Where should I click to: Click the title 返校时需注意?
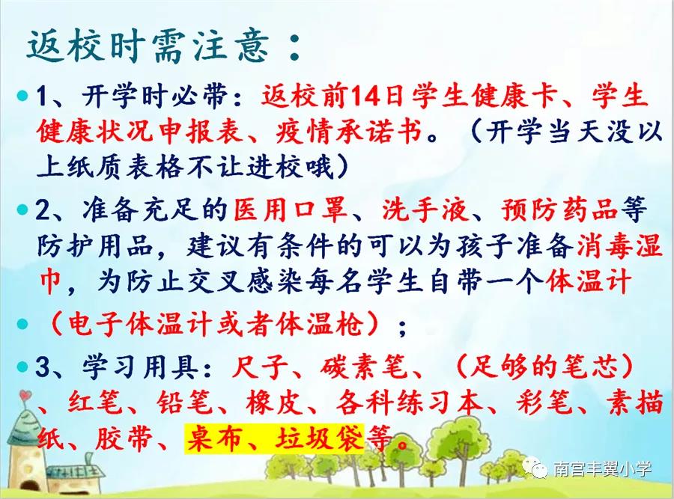[149, 46]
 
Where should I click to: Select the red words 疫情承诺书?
[349, 130]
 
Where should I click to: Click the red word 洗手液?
[425, 210]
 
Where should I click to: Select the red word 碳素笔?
[362, 367]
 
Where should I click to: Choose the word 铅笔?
[184, 403]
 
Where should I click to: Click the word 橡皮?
[274, 403]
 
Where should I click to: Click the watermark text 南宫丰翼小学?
[602, 469]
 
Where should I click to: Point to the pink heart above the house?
[25, 394]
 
